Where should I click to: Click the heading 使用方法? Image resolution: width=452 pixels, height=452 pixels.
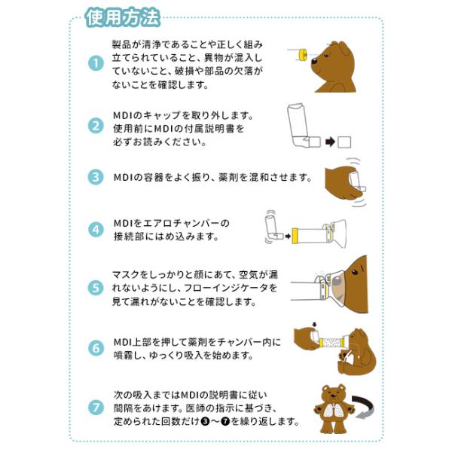(x=122, y=18)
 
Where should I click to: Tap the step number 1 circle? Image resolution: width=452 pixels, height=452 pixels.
(x=96, y=63)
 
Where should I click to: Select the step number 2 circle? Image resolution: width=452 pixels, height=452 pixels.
(x=96, y=126)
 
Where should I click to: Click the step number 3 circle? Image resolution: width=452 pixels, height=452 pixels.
(x=96, y=177)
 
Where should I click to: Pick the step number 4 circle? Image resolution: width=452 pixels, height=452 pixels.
(x=96, y=230)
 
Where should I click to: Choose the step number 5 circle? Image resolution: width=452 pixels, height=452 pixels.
(x=96, y=288)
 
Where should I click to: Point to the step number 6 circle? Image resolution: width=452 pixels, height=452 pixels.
(x=96, y=348)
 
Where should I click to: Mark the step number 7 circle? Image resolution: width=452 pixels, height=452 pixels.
(x=96, y=408)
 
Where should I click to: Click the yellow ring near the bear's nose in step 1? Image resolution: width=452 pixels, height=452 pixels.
(x=303, y=54)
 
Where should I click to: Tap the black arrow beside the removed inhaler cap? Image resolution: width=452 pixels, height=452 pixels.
(x=331, y=142)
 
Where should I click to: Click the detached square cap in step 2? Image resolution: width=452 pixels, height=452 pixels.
(x=344, y=142)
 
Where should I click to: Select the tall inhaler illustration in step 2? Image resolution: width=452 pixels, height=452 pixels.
(x=303, y=125)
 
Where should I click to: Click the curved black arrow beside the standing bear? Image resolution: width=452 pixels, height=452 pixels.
(x=364, y=407)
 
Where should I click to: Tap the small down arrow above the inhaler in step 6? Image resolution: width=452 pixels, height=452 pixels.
(x=314, y=325)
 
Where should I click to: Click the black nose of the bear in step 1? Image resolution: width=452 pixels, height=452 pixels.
(x=314, y=61)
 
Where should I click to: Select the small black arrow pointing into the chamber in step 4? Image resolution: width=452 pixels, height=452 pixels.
(x=288, y=237)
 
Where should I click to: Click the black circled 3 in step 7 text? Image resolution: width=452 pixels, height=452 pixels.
(x=205, y=421)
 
